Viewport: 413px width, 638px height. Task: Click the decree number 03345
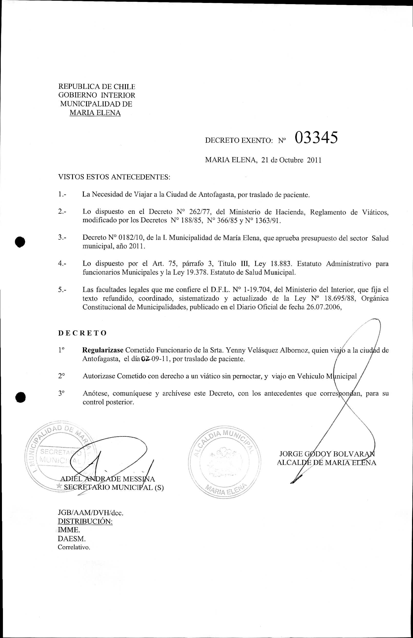point(316,138)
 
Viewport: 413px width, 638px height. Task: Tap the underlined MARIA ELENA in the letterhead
point(95,113)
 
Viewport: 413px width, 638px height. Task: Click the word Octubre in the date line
point(291,160)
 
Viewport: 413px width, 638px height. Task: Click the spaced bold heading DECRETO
point(82,333)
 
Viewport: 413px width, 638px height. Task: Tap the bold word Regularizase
point(103,350)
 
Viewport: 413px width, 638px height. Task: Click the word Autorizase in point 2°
point(99,376)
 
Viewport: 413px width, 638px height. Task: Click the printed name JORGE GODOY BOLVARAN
point(327,454)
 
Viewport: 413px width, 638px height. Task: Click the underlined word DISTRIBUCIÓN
point(85,521)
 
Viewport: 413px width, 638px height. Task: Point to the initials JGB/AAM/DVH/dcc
point(91,513)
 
